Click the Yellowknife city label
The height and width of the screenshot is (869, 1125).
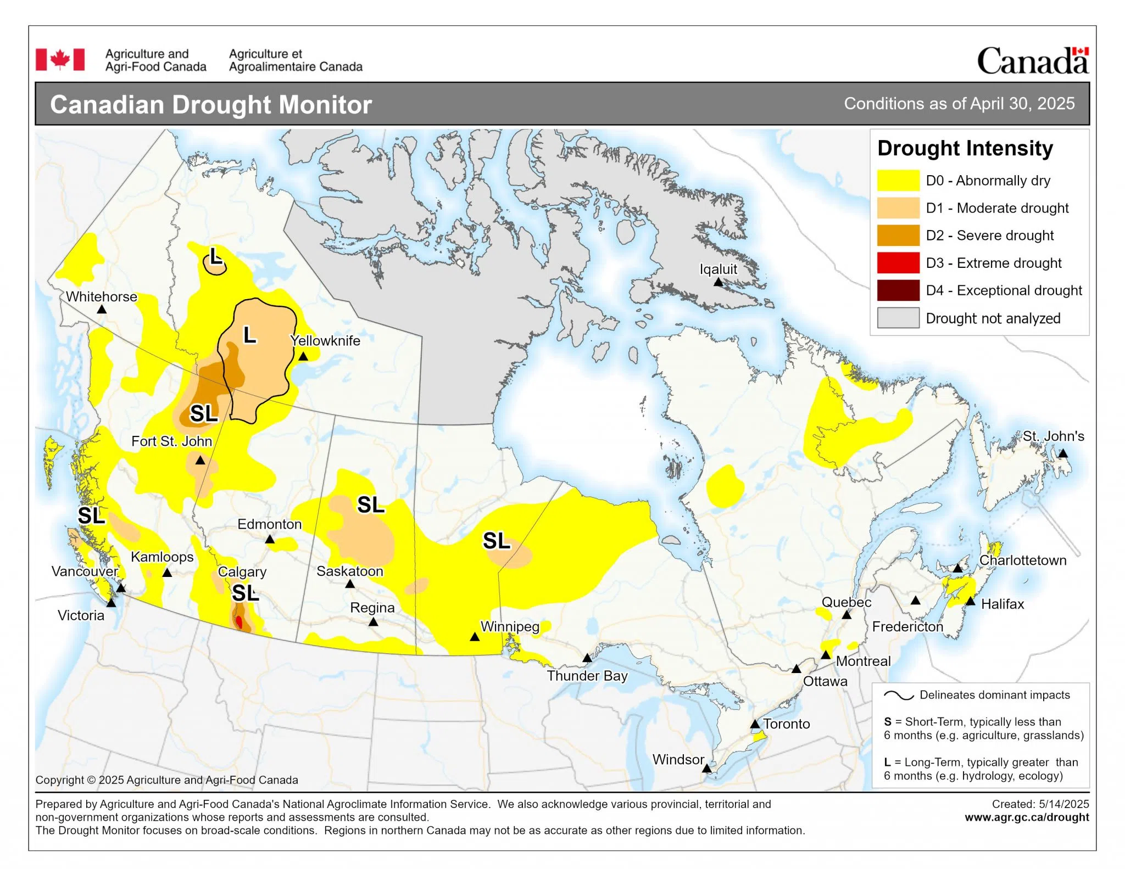coord(325,341)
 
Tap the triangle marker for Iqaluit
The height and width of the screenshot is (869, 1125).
coord(718,282)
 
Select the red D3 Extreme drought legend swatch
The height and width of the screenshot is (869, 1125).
coord(898,263)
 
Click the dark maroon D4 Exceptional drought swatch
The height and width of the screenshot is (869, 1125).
coord(898,290)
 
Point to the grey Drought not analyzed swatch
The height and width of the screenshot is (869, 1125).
coord(898,318)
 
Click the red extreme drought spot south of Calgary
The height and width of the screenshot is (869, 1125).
coord(239,622)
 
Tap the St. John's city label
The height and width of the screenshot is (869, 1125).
coord(1053,436)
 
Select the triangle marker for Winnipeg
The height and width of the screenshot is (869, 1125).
coord(475,637)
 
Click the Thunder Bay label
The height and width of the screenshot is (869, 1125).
coord(587,676)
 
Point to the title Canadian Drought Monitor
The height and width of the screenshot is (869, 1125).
coord(211,105)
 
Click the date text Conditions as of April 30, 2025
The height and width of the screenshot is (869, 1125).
coord(959,104)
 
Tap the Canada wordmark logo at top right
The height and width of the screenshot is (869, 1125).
coord(1032,61)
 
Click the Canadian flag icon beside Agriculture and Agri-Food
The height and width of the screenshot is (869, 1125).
coord(60,59)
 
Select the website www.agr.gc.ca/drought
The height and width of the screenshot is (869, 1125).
coord(1027,817)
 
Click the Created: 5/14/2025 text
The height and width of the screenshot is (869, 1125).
coord(1040,804)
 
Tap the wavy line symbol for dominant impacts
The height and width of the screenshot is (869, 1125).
coord(898,696)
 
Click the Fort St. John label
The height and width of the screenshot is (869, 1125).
coord(171,441)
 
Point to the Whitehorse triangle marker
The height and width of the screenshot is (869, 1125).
coord(102,310)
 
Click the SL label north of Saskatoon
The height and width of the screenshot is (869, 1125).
coord(371,505)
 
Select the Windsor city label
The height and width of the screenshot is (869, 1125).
coord(678,760)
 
